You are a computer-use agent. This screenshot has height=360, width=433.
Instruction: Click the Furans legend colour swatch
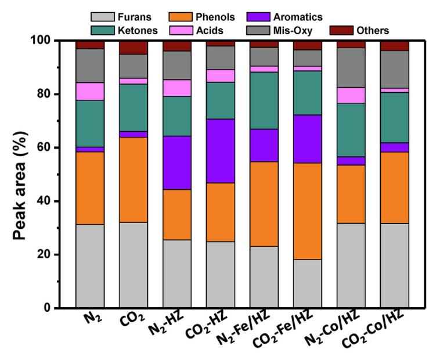[103, 17]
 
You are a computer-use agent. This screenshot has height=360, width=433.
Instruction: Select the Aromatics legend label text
[298, 17]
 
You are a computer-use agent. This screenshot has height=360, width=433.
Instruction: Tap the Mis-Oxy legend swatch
[258, 30]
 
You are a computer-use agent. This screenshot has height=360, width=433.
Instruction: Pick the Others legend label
[373, 30]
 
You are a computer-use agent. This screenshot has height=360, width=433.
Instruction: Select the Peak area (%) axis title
[20, 186]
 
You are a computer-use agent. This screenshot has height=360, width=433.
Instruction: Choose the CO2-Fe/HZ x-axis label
[284, 329]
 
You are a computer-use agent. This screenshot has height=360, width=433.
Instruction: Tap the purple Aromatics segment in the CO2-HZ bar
[221, 151]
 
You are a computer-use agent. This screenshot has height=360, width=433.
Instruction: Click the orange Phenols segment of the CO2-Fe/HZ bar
[308, 211]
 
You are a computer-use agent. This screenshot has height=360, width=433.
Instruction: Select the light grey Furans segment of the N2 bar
[90, 266]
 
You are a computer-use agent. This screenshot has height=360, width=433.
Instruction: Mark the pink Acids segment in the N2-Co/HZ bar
[351, 95]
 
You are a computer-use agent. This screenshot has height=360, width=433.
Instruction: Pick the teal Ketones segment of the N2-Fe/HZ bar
[264, 100]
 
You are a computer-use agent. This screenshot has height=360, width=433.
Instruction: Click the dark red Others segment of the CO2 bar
[133, 48]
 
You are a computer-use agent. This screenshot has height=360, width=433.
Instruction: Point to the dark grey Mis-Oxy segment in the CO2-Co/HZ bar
[395, 69]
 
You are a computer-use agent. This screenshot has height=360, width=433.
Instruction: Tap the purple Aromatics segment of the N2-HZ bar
[177, 163]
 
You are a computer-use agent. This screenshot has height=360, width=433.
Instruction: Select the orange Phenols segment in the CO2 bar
[133, 180]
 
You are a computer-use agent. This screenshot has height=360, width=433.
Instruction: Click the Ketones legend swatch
[103, 30]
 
